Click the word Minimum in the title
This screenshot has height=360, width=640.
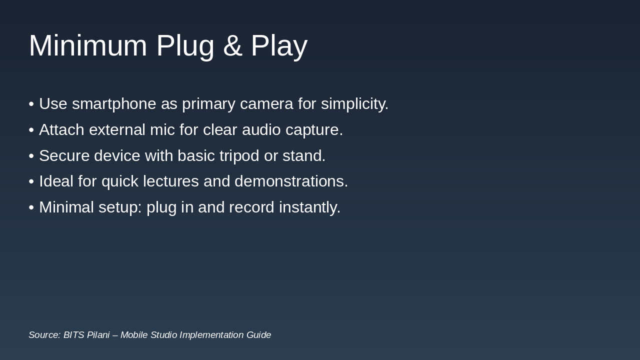88,45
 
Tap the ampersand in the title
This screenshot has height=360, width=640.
232,45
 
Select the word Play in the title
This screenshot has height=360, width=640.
279,46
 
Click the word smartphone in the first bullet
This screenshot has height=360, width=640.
113,104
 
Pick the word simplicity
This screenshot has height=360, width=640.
354,104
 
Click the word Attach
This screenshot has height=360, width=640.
61,130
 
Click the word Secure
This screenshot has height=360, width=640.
64,156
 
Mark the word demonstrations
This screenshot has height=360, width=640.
291,181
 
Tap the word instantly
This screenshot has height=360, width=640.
309,207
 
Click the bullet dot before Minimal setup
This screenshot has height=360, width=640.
31,207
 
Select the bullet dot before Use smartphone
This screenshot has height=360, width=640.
31,104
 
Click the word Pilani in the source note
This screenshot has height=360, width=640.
98,335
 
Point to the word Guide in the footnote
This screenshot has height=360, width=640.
258,335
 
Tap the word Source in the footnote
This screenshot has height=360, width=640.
44,335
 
